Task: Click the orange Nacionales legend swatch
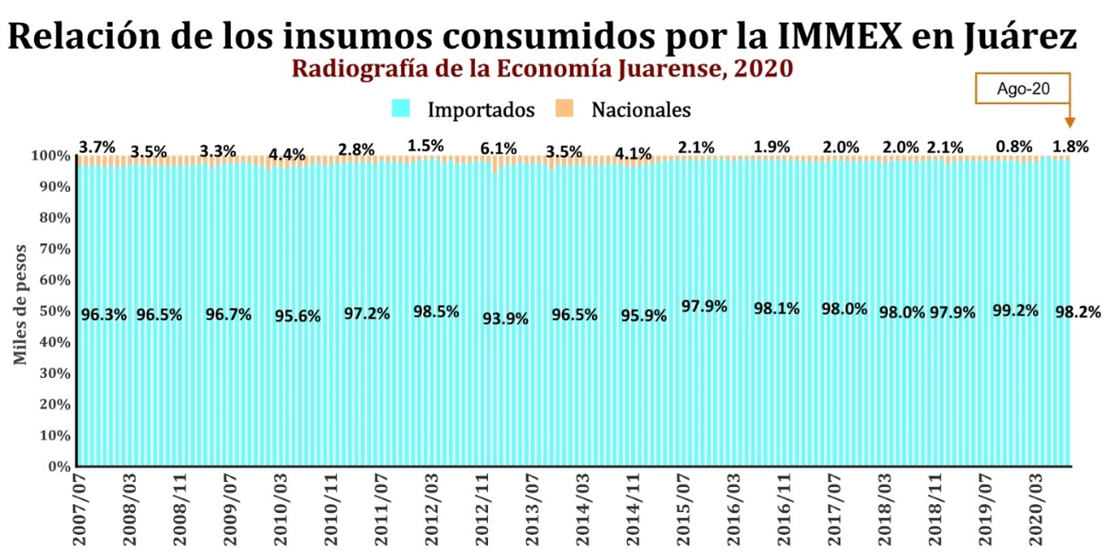click(564, 108)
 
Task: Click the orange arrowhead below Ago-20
click(1070, 123)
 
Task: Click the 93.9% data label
click(505, 319)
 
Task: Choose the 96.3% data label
click(104, 315)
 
